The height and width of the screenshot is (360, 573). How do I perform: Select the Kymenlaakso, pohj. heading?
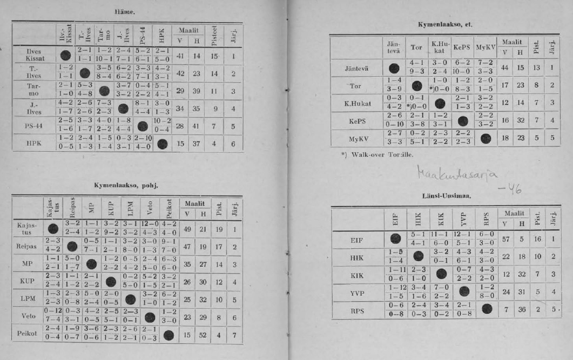125,186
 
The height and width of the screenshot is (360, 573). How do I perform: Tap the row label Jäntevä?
357,68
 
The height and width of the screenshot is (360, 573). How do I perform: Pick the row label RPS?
358,311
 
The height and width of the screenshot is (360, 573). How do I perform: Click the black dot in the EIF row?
396,239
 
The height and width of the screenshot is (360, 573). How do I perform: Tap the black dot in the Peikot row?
169,335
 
